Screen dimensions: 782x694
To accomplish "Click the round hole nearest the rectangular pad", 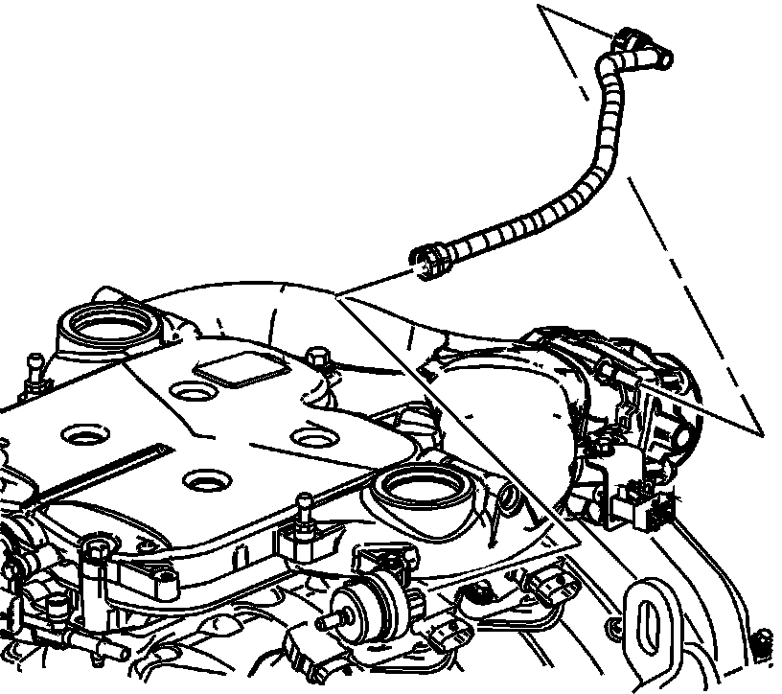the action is [192, 391].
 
